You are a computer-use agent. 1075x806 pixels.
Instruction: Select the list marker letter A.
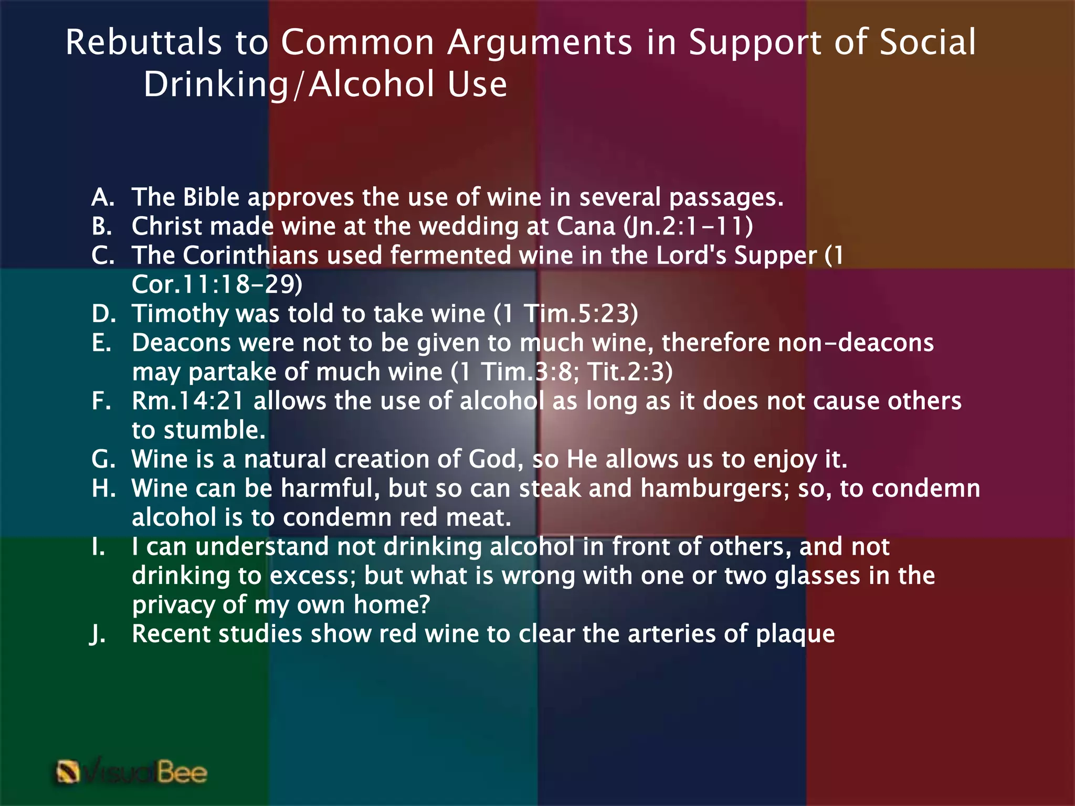[x=102, y=197]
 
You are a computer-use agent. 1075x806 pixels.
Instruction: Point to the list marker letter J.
[x=98, y=634]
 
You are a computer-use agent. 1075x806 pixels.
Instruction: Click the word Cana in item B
[x=585, y=226]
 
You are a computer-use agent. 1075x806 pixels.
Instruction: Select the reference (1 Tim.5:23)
[x=566, y=314]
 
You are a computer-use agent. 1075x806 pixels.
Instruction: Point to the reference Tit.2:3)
[x=630, y=372]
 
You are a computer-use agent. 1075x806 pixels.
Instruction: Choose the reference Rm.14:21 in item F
[x=188, y=401]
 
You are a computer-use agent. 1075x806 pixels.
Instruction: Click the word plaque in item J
[x=795, y=634]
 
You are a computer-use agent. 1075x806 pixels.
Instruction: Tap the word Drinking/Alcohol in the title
[x=325, y=84]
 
